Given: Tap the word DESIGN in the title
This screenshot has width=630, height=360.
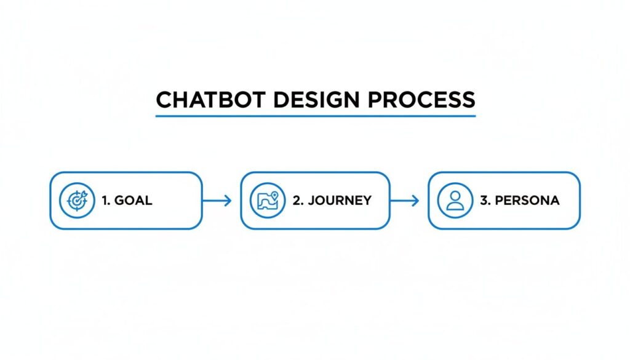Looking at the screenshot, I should [x=319, y=100].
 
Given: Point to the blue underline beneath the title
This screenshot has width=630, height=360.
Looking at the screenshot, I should [x=316, y=116].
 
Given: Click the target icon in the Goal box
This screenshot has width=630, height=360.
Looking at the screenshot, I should [x=77, y=201].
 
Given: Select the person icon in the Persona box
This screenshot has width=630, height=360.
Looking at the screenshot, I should [x=455, y=201].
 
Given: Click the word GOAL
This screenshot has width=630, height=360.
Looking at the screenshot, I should [x=134, y=201].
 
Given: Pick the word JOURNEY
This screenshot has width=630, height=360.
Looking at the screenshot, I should [x=339, y=201].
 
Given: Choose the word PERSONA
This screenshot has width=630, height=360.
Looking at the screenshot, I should [x=527, y=201].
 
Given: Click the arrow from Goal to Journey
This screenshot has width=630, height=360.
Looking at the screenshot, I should [x=217, y=201].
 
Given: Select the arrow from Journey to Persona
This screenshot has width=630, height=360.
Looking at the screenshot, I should [x=404, y=201].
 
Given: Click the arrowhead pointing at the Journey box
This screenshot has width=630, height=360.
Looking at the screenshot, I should [x=228, y=201].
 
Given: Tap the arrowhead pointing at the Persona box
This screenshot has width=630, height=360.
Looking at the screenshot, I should [x=416, y=201].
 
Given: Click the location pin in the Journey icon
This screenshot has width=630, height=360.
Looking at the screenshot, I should [x=274, y=196].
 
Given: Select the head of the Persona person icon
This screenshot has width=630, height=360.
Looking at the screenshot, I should [x=455, y=196].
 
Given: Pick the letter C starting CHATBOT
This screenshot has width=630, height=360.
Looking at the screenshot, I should [x=164, y=100].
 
